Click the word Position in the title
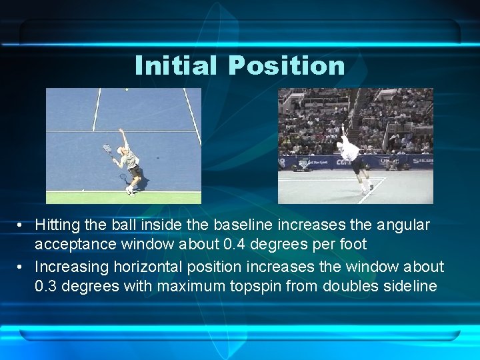pos(286,65)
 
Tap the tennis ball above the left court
pos(127,89)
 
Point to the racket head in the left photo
pos(107,149)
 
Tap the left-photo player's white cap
pos(122,148)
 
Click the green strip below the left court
pos(123,198)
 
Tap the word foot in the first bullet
pos(351,244)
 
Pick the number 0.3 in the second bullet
pos(47,286)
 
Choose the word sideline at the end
pos(409,286)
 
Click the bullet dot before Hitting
pos(23,226)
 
